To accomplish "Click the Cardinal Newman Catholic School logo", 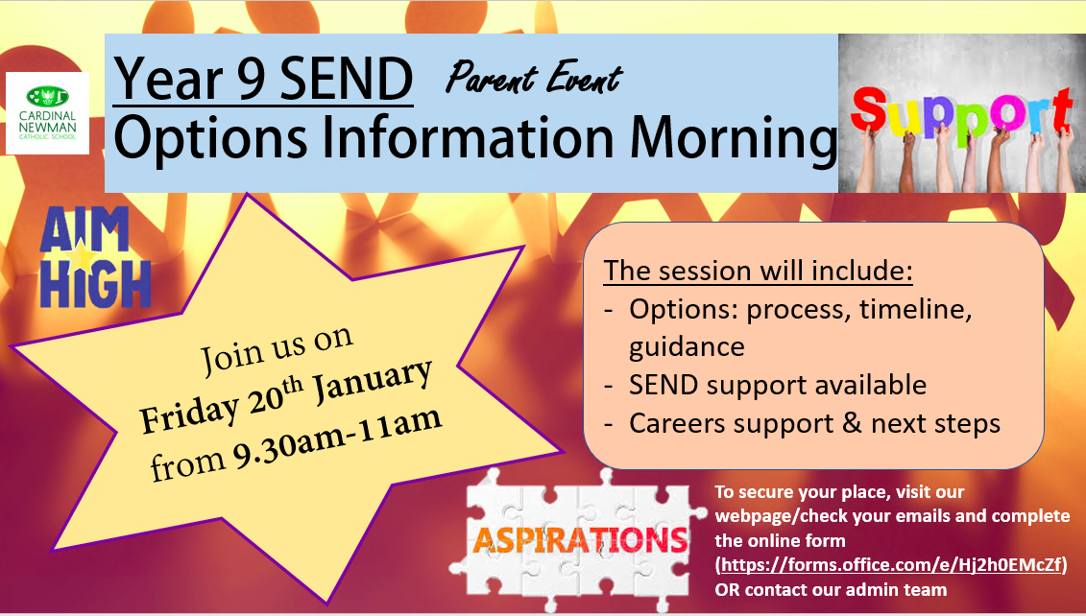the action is [47, 113].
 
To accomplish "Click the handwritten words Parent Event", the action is [534, 78].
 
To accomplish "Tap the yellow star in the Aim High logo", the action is [84, 257].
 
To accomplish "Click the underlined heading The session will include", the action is [758, 271].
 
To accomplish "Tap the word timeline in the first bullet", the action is [916, 308].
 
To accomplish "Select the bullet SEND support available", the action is [777, 385].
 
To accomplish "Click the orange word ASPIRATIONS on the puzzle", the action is [580, 539].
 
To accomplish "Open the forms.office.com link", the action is [891, 565].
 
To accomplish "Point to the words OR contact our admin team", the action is [831, 590].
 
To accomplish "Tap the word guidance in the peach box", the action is [687, 346].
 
